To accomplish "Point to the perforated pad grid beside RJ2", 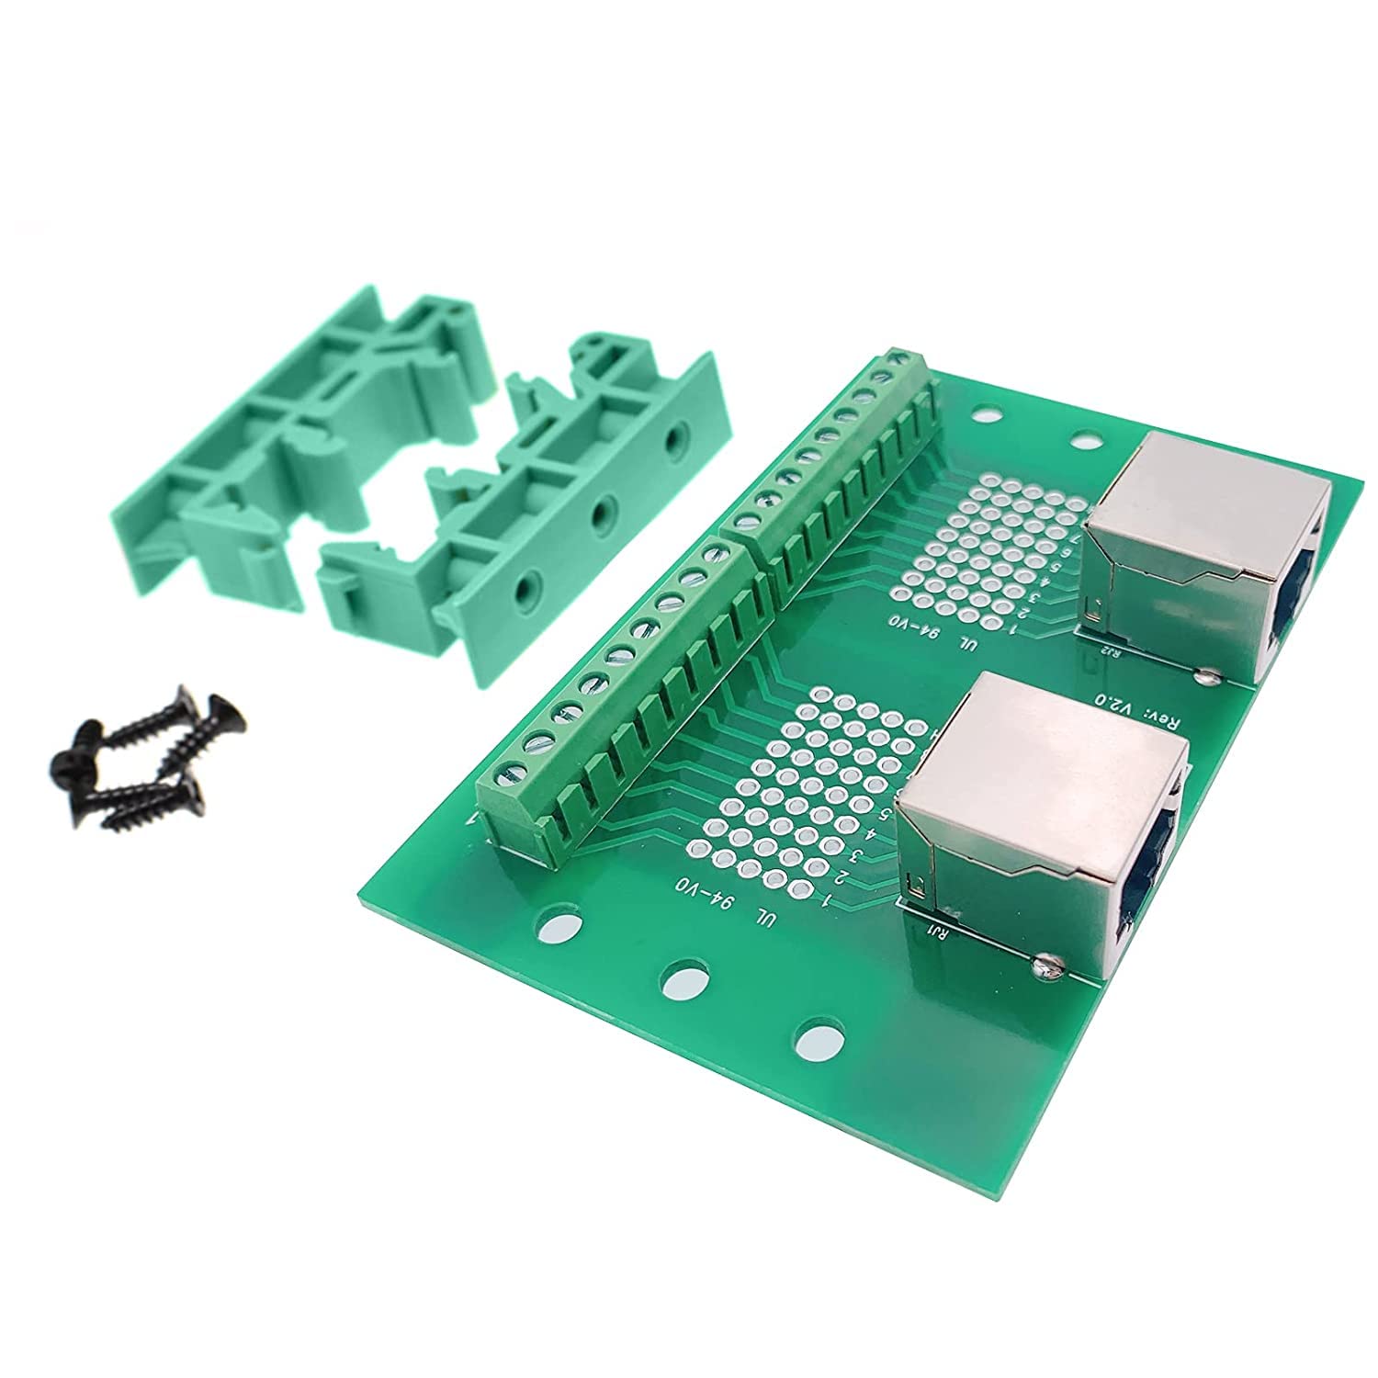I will click(x=992, y=542).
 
